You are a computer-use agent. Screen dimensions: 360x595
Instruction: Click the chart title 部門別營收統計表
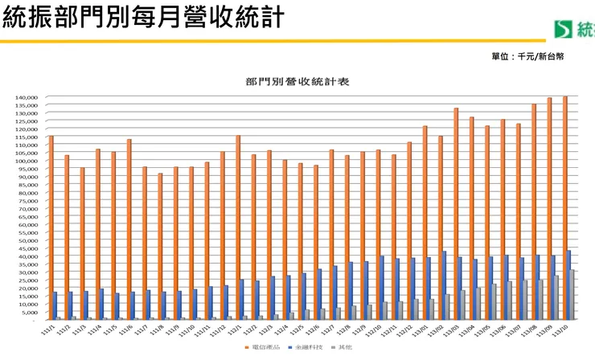click(297, 81)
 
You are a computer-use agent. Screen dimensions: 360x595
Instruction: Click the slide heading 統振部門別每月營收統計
click(143, 18)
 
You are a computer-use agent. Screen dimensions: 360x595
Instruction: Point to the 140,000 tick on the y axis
click(27, 97)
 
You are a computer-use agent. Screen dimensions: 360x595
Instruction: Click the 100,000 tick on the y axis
click(27, 161)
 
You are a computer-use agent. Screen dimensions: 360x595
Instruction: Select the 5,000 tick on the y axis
click(30, 312)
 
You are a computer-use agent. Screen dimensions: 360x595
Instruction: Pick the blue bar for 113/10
click(569, 285)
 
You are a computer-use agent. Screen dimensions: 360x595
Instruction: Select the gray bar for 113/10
click(573, 295)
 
